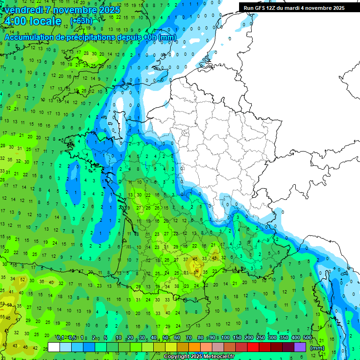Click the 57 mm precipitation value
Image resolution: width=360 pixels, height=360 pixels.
197,271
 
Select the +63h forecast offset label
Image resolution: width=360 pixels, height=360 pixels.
81,21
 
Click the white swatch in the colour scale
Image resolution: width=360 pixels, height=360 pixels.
54,347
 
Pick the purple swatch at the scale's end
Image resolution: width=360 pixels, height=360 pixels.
300,347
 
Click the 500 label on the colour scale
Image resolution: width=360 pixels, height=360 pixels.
307,337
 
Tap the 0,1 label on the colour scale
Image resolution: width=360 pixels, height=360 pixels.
60,337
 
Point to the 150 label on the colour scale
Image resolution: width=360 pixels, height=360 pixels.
238,337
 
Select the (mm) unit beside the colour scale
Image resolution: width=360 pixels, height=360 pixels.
317,348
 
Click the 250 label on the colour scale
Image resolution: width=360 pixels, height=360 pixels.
261,337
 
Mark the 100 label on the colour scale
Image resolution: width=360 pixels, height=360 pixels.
225,337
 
